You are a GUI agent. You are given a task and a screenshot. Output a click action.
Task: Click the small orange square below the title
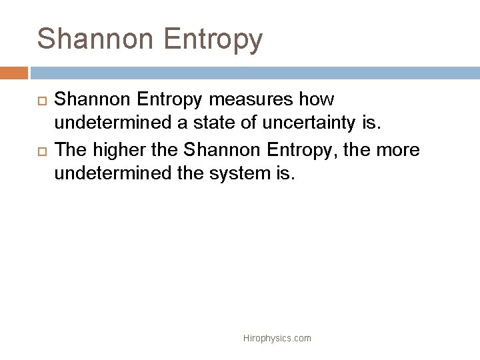[14, 73]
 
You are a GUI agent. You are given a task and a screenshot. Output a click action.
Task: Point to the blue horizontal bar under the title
[253, 73]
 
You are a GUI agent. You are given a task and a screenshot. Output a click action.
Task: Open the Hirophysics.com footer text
[277, 339]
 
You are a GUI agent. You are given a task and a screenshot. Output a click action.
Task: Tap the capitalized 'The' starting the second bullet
[69, 151]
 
